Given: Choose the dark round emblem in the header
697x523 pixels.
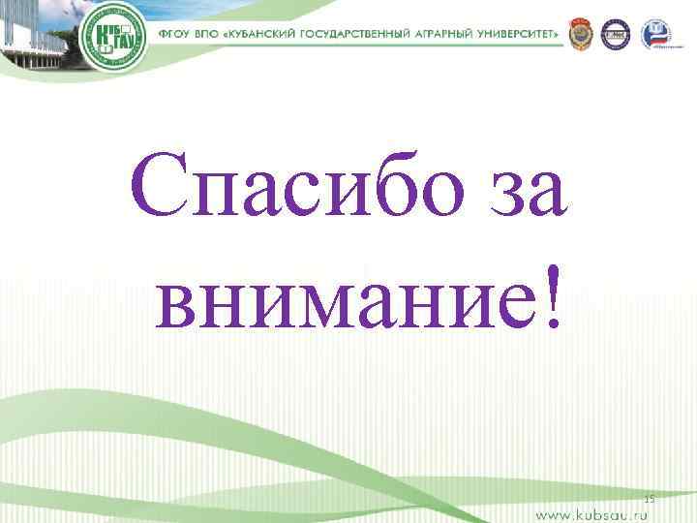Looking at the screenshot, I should [x=616, y=35].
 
